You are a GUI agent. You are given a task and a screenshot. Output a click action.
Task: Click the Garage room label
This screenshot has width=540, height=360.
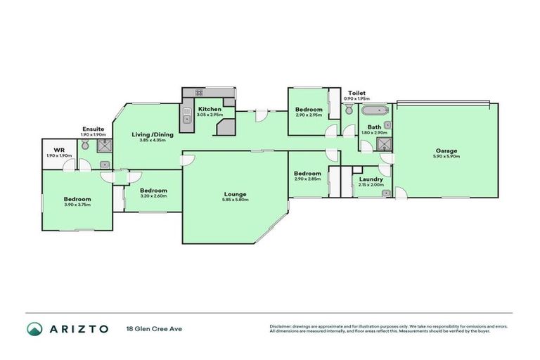446,150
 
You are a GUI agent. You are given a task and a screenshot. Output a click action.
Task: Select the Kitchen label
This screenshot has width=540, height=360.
210,109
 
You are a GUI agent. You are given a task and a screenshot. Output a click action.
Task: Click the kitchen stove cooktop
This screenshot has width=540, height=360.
199,92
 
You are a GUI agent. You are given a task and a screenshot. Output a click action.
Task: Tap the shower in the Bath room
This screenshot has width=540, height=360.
384,145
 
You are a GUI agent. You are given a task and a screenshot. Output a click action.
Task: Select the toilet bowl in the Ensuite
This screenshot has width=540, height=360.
85,144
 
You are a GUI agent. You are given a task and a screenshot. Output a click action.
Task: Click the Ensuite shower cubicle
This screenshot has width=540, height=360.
104,146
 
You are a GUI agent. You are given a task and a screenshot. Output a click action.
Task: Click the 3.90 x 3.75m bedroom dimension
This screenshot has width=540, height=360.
77,205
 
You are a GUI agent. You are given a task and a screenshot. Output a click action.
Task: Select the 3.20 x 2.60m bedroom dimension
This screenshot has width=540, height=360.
153,197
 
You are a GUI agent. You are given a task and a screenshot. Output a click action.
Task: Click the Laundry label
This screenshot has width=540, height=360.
371,179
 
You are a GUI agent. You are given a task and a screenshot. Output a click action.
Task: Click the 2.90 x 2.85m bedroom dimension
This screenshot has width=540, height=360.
308,179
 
